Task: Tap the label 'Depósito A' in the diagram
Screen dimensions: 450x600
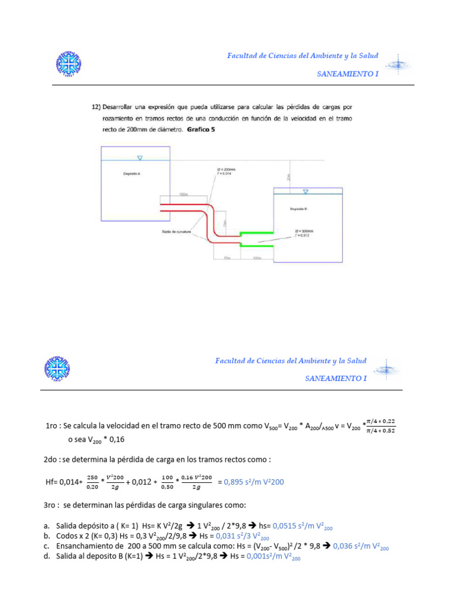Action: [x=132, y=174]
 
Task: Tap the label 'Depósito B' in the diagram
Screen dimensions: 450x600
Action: [x=299, y=209]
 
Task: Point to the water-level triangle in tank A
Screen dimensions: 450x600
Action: [x=139, y=158]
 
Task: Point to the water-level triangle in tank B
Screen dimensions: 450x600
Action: [x=305, y=192]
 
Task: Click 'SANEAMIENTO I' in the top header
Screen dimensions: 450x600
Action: [x=347, y=74]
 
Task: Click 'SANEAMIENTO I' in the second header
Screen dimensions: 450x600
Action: [x=336, y=379]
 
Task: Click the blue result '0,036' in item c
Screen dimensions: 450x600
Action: [x=344, y=546]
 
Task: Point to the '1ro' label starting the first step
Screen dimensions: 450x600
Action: [x=52, y=427]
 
